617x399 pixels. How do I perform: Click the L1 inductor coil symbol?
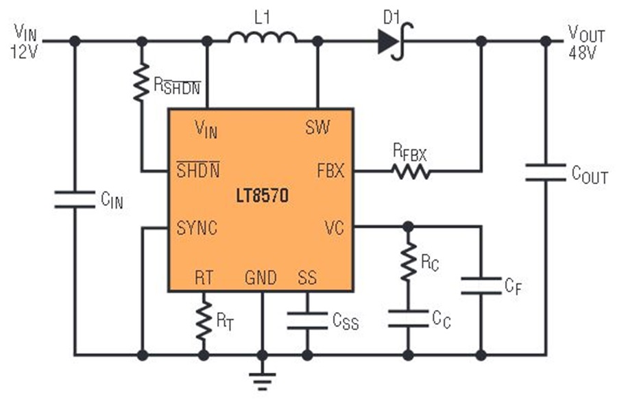coord(263,38)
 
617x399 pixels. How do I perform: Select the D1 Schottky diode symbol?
coord(395,41)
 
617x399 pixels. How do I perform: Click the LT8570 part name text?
coord(262,195)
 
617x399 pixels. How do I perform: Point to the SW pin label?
coord(317,127)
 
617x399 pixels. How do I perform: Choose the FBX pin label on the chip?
coord(330,171)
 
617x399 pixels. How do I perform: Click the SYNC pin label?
coord(197,228)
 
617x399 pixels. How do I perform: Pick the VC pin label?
coord(334,228)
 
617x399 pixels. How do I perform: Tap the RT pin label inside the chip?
coord(204,278)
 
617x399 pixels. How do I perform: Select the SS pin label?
coord(307,278)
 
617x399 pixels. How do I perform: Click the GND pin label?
coord(261,278)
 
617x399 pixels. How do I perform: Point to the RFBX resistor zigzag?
coord(411,172)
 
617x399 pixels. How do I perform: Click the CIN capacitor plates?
coord(74,200)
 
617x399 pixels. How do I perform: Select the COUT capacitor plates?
coord(546,172)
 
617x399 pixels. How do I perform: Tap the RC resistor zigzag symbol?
coord(409,261)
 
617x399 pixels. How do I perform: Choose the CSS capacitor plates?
coord(307,320)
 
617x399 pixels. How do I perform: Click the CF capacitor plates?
coord(481,286)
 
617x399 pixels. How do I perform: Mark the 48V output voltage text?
coord(582,53)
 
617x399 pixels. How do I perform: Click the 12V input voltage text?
coord(24,51)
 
